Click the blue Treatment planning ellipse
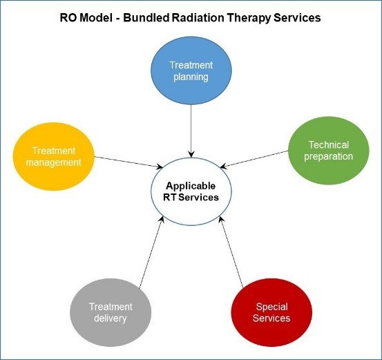click(191, 69)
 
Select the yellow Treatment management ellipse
click(52, 155)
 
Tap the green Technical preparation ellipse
click(329, 150)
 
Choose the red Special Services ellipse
click(272, 312)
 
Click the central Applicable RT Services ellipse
click(190, 191)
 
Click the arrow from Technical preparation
click(255, 158)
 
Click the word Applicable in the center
click(190, 186)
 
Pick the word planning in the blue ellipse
click(191, 77)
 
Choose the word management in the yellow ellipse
click(52, 162)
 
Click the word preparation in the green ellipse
click(330, 156)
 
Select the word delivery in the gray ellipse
click(111, 319)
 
